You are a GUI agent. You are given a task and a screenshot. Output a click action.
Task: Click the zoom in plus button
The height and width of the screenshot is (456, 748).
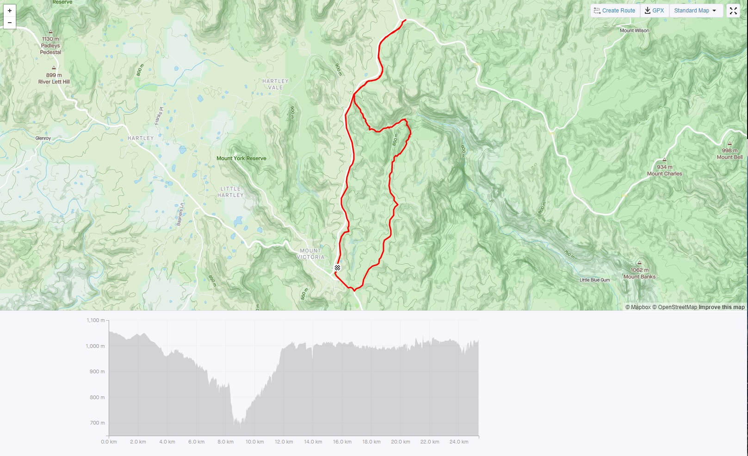(10, 11)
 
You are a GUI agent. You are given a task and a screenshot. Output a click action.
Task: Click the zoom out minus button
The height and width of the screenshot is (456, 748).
(10, 23)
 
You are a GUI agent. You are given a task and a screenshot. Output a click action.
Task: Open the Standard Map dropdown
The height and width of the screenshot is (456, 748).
(695, 11)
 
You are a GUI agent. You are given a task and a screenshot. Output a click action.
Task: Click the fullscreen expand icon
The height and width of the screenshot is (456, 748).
(733, 11)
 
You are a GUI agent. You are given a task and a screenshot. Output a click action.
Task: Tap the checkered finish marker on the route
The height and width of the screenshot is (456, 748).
(337, 268)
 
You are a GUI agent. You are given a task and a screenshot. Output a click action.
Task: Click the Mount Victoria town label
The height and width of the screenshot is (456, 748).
(310, 254)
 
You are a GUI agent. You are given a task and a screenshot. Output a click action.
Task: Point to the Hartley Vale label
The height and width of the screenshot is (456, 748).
(275, 84)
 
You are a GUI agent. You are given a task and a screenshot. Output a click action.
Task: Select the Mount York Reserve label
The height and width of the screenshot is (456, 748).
(241, 158)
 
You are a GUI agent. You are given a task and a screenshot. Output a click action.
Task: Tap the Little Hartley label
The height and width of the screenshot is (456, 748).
(230, 192)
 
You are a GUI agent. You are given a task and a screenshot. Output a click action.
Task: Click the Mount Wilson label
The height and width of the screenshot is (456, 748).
(634, 30)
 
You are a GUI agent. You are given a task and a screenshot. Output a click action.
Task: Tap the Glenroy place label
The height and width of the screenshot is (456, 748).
(43, 138)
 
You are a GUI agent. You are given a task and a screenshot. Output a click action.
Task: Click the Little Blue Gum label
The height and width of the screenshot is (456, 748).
(594, 280)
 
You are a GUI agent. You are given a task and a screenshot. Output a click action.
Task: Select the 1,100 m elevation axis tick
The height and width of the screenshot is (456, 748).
(96, 320)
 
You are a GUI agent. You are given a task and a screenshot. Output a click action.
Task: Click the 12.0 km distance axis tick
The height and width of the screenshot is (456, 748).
(284, 442)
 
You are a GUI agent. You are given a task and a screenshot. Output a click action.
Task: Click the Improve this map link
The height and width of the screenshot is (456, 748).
(721, 307)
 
